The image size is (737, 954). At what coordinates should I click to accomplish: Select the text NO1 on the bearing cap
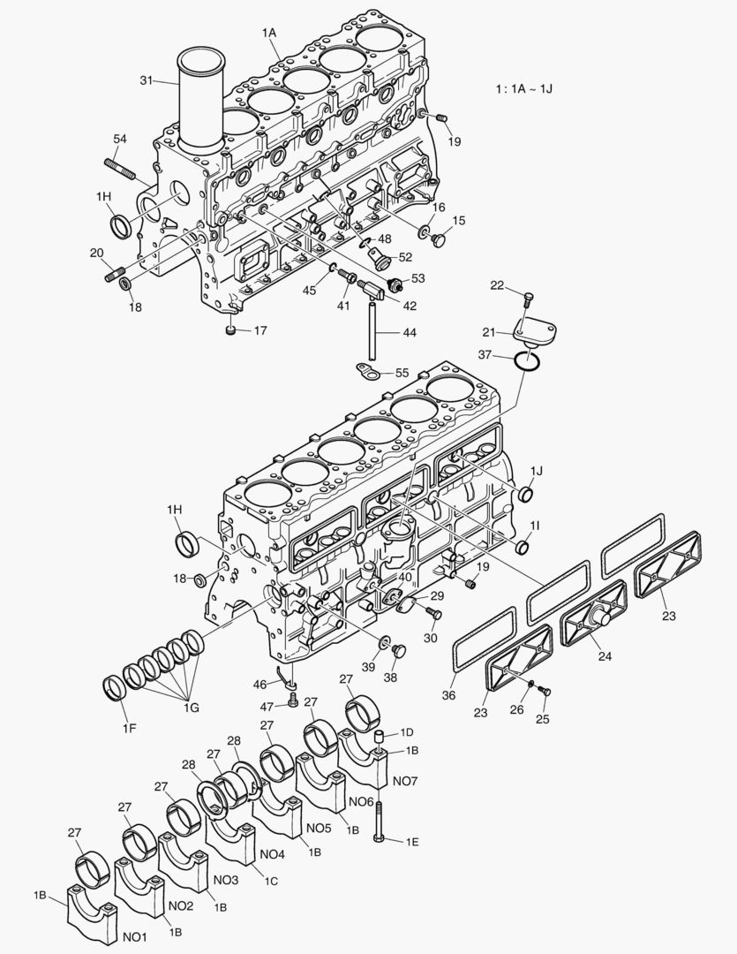[x=135, y=936]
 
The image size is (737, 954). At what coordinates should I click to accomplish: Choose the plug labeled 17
[x=230, y=331]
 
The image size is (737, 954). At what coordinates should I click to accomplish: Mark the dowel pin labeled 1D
[x=377, y=737]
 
